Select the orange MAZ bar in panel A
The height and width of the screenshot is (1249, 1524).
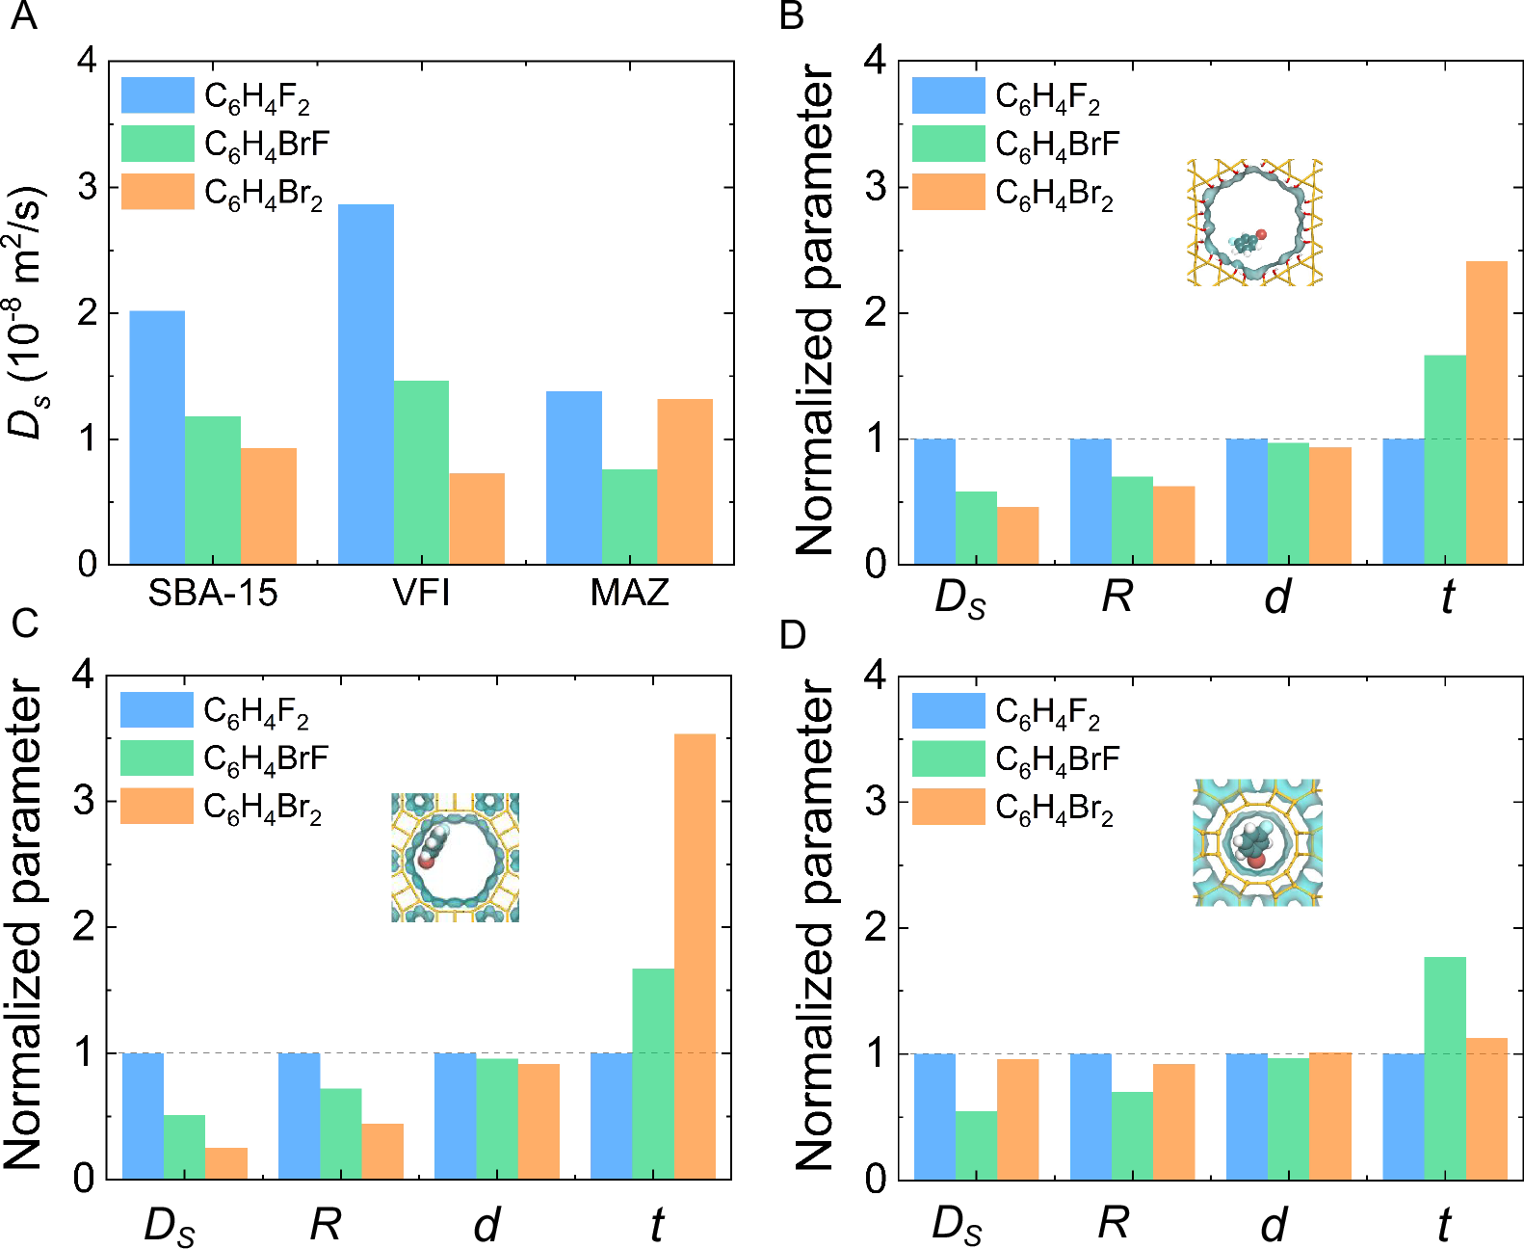click(685, 481)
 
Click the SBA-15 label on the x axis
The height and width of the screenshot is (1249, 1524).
click(213, 592)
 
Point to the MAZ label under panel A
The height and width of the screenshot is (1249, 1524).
click(629, 592)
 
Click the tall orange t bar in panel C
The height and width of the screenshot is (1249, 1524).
click(695, 955)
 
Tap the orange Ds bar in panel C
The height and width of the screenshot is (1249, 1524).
click(226, 1162)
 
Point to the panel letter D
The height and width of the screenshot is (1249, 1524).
click(792, 634)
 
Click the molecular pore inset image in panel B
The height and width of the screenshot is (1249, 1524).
click(1254, 223)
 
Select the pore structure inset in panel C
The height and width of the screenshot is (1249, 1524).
click(456, 857)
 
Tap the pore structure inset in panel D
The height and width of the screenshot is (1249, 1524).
click(1257, 842)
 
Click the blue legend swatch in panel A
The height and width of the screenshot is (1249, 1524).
click(158, 95)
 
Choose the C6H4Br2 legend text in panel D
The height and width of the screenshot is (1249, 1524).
click(1055, 808)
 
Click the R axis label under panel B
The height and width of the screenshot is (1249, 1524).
click(1117, 597)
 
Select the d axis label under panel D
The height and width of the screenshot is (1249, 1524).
click(1274, 1224)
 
